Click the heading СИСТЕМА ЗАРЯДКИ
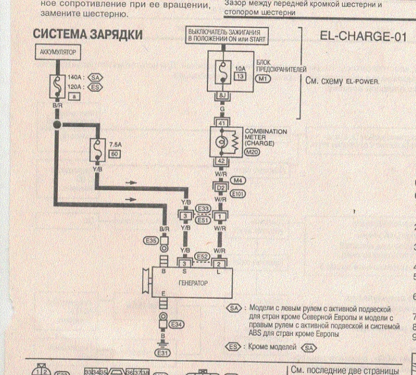point(87,35)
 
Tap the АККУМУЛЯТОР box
point(58,54)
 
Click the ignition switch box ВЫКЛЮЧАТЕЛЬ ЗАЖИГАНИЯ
point(228,36)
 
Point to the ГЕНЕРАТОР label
point(193,283)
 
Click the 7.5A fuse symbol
point(96,150)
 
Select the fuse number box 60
point(115,154)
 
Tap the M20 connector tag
point(252,152)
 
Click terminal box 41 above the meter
point(221,122)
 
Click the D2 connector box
point(221,187)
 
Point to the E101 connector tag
point(239,195)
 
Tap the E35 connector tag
point(151,241)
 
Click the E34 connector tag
point(177,324)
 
